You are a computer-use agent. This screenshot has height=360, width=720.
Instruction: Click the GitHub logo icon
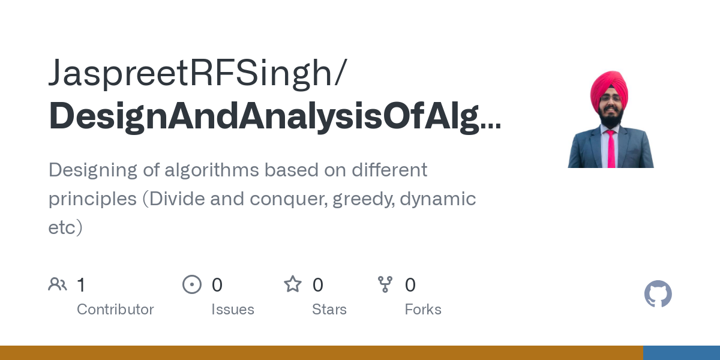[x=658, y=294]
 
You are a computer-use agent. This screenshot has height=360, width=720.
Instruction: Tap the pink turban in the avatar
[x=609, y=88]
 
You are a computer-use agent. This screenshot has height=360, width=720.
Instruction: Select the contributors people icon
[x=58, y=284]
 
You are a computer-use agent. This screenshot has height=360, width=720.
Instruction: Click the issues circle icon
[x=192, y=284]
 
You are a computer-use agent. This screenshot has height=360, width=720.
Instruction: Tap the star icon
[x=293, y=284]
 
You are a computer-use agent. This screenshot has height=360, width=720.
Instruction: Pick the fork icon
[x=385, y=284]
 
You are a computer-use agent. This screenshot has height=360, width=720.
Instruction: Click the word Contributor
[x=115, y=310]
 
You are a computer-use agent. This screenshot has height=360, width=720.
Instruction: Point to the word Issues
[x=233, y=310]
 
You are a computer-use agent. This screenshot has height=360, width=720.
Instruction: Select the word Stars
[x=329, y=310]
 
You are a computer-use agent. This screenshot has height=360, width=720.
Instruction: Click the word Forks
[x=423, y=310]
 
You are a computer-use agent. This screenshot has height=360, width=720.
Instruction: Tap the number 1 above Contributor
[x=81, y=285]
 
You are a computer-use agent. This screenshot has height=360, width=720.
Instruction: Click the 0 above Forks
[x=410, y=285]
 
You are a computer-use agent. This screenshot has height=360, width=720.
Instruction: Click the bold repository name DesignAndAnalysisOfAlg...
[x=275, y=116]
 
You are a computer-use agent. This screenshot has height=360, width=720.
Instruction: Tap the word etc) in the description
[x=65, y=227]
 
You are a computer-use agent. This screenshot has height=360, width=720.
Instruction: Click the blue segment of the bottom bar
[x=681, y=353]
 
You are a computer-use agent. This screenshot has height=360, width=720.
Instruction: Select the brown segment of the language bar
[x=321, y=353]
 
